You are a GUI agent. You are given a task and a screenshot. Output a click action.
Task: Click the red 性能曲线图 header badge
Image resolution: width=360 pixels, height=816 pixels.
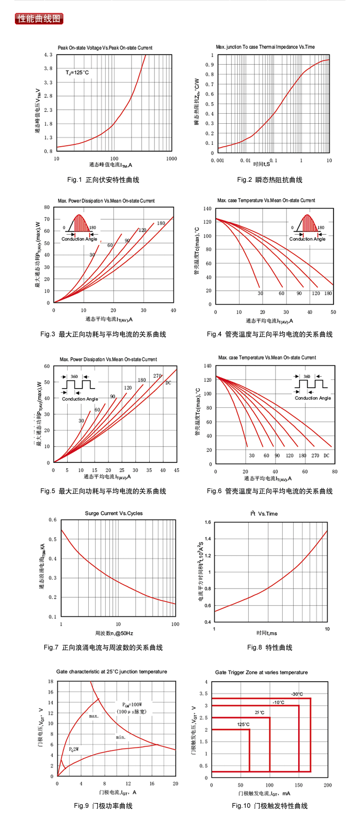39,19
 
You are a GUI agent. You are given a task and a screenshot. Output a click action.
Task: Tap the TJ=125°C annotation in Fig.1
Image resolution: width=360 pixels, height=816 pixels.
77,72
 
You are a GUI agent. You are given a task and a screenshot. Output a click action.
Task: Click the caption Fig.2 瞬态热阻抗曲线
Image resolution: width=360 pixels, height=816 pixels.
269,180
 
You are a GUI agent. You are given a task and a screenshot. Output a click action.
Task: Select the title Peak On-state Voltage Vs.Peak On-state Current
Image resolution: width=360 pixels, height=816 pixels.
105,48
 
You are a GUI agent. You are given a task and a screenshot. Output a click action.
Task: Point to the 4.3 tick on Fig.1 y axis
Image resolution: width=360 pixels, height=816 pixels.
48,55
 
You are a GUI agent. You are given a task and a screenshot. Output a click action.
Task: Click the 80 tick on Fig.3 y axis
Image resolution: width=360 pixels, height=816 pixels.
47,207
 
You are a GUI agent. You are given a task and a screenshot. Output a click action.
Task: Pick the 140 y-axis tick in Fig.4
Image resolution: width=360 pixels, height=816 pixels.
207,209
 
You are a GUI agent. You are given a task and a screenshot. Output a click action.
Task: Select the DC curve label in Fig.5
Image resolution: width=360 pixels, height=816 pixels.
168,383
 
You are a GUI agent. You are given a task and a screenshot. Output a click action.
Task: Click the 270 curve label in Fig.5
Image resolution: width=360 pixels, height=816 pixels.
157,376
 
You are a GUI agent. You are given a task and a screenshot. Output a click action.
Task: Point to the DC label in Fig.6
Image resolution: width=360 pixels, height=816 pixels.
326,456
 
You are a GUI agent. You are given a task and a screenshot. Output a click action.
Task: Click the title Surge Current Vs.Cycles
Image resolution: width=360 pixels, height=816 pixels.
114,513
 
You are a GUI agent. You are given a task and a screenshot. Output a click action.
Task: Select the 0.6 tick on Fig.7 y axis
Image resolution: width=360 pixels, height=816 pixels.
52,520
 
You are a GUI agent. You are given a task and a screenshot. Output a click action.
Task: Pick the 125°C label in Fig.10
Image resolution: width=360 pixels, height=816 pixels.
243,724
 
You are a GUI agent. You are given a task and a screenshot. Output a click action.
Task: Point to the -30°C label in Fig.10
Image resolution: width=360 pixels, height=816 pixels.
297,694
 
